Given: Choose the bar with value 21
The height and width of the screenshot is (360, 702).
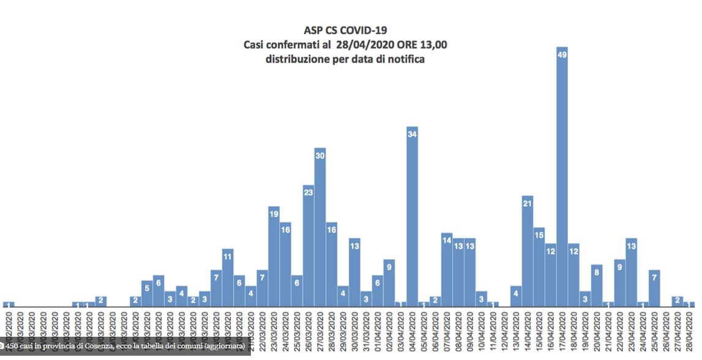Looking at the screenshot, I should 527,252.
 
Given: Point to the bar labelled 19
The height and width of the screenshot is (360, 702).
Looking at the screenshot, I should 274,257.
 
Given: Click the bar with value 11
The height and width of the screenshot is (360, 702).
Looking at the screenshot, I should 228,278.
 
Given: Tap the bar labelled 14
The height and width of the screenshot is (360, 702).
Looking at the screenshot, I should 447,270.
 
